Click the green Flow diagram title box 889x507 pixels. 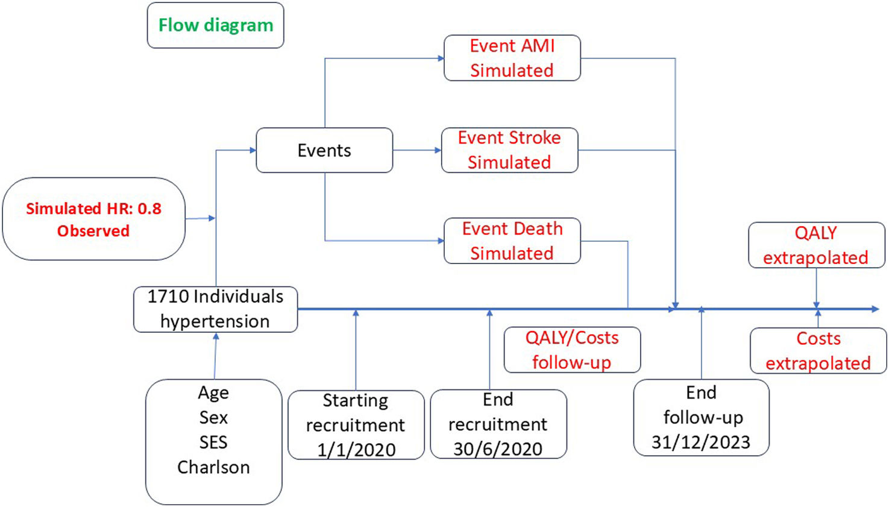point(216,25)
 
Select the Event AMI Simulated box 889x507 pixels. point(512,58)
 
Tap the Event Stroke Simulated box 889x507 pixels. point(509,150)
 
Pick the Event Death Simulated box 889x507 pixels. point(512,241)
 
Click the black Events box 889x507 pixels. point(324,150)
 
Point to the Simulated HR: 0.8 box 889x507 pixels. point(93,219)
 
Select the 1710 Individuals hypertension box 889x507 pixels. point(216,309)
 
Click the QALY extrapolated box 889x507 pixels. point(816,245)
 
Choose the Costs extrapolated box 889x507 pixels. point(818,351)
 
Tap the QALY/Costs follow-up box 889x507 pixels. point(572,350)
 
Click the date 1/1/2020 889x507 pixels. point(356,450)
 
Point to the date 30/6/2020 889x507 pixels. point(498,449)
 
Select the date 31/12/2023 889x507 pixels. point(701,442)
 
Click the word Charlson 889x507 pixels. point(213,467)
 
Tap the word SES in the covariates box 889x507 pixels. point(213,442)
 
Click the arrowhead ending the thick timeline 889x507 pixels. point(876,309)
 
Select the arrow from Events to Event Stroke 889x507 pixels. point(417,150)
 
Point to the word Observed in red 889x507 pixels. point(93,231)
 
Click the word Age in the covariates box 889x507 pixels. point(213,393)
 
